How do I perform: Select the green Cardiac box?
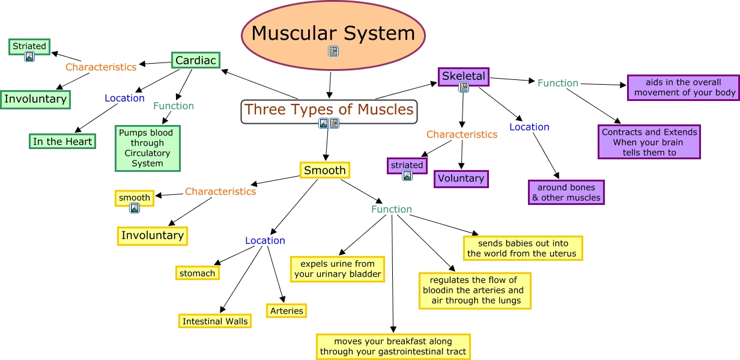[196, 60]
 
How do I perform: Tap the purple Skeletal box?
[464, 76]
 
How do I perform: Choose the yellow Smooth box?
[324, 170]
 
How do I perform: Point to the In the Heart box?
[62, 141]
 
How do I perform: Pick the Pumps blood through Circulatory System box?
[147, 148]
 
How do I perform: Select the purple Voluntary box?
[461, 178]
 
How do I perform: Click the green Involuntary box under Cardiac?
[35, 99]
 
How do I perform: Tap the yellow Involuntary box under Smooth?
[152, 236]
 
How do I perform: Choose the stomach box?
[197, 273]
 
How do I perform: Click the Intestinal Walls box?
[214, 321]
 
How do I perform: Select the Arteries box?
[286, 311]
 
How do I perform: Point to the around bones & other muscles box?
[566, 192]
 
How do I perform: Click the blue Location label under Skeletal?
[529, 127]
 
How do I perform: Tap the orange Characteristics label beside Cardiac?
[101, 67]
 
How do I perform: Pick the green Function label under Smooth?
[391, 209]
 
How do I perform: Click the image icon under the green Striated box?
[29, 56]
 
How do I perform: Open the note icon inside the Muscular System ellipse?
[333, 51]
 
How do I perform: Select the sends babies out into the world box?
[523, 248]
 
